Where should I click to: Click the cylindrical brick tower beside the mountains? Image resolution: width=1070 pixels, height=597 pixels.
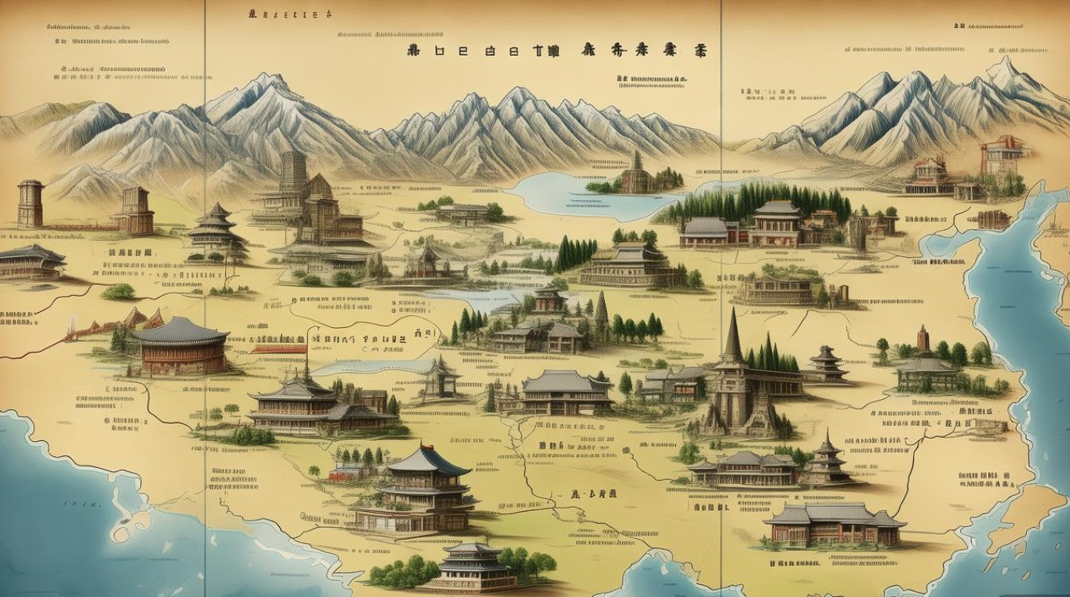click(29, 203)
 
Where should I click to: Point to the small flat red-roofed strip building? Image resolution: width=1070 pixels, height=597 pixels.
click(278, 348)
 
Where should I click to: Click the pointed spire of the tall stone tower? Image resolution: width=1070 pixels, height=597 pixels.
click(732, 334)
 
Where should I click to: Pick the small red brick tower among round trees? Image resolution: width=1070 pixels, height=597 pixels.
click(923, 339)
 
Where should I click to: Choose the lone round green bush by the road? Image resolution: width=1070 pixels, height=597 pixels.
click(119, 291)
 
